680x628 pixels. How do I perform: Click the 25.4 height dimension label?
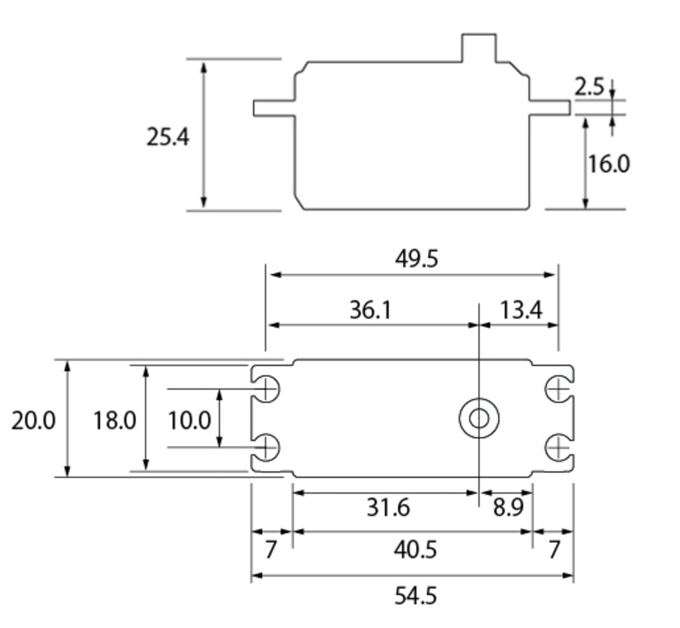[x=168, y=137]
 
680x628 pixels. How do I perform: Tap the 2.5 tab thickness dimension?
[x=589, y=87]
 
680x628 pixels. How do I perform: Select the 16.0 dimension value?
[x=608, y=163]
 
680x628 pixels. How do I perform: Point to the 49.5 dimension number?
[x=416, y=259]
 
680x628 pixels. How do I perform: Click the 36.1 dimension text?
[x=370, y=309]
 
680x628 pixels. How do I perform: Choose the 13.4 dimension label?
[x=520, y=309]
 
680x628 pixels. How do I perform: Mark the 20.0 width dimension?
[x=34, y=420]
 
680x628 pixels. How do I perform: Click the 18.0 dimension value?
[x=114, y=420]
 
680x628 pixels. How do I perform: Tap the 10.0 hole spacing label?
[x=189, y=420]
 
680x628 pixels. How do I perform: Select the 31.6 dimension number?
[x=388, y=507]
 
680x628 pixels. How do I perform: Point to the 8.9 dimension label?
[x=508, y=507]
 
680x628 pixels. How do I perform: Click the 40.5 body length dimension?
[x=415, y=550]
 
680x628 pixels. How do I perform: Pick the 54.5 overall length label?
[x=415, y=596]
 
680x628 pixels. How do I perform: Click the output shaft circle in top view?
[x=479, y=418]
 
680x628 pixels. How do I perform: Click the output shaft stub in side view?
[x=478, y=48]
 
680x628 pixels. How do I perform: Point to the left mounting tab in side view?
[x=274, y=108]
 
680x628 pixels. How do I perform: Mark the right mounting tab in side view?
[x=549, y=108]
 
